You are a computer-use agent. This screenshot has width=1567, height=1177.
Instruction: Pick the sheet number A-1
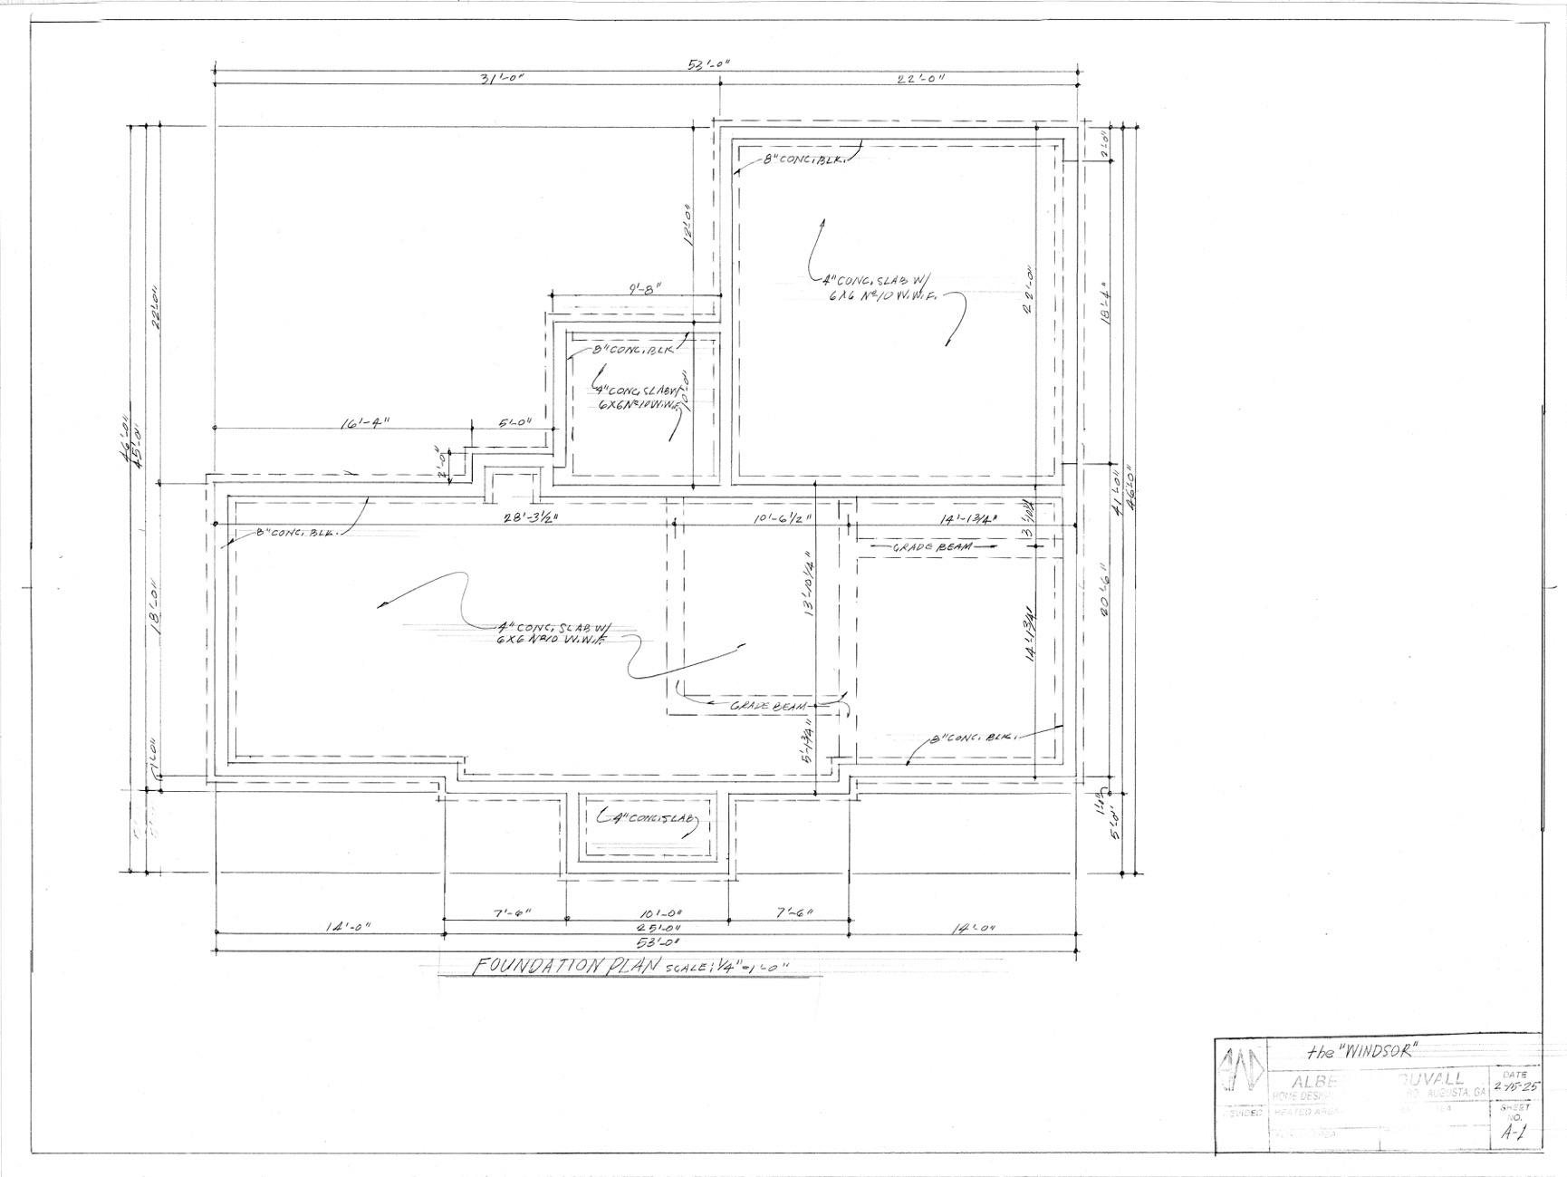pyautogui.click(x=1509, y=1133)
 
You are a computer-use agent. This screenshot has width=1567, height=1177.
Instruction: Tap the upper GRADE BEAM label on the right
pyautogui.click(x=933, y=548)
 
